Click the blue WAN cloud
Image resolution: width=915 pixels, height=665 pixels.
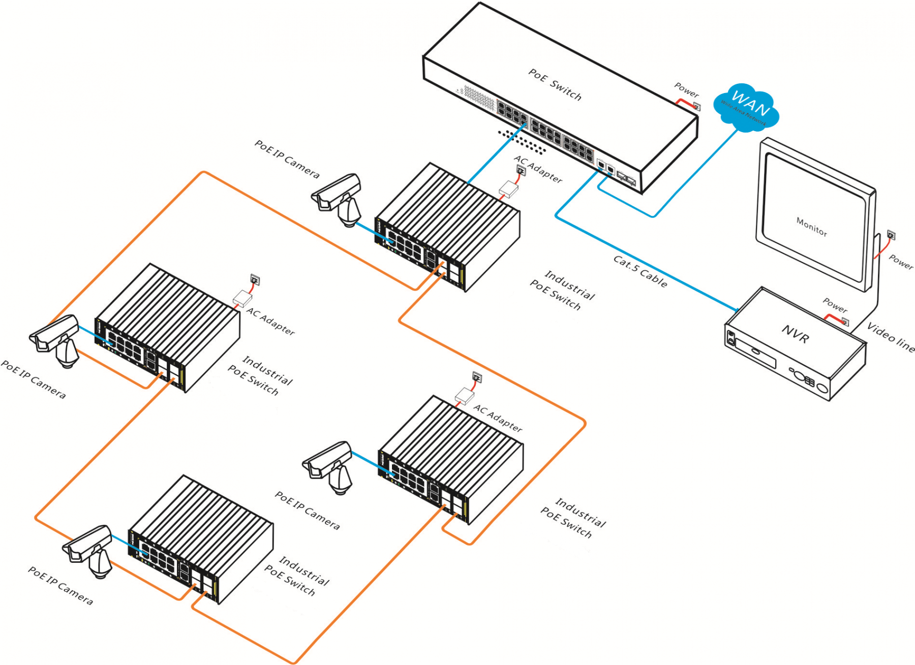(746, 108)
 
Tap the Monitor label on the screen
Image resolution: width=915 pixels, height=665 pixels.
(811, 227)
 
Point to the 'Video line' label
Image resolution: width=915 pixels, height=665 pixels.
(891, 337)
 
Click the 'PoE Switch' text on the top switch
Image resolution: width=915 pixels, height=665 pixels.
(555, 84)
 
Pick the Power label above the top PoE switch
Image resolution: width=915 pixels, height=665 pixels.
(686, 90)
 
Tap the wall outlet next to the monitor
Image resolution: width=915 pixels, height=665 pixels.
(891, 235)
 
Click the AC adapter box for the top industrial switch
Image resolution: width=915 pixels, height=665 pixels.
(508, 189)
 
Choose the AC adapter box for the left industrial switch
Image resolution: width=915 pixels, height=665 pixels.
(242, 299)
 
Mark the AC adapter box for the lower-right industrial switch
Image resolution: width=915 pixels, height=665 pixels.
(464, 395)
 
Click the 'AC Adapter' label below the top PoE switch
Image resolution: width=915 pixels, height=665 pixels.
(538, 169)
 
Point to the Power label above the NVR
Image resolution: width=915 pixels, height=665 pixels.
(835, 305)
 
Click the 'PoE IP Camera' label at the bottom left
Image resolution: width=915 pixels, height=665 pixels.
(60, 586)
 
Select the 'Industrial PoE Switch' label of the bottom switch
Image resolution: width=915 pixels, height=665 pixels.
(297, 576)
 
